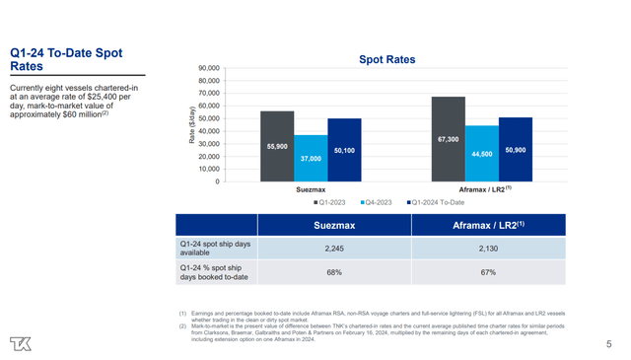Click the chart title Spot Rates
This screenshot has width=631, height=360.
coord(386,59)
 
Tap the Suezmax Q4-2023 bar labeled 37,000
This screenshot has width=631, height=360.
coord(311,158)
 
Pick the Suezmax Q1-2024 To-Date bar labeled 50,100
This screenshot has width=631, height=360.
coord(344,150)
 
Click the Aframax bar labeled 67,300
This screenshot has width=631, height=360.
coord(448,139)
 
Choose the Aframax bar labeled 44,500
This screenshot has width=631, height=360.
coord(482,153)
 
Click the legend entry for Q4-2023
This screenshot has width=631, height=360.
coord(378,202)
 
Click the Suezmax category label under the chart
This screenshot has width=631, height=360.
coord(311,188)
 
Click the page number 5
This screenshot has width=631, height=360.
coord(609,344)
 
